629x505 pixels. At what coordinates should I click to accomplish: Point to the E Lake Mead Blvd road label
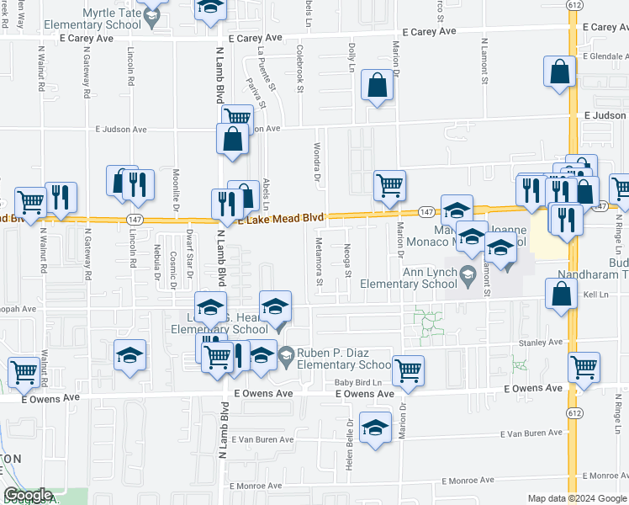tap(281, 219)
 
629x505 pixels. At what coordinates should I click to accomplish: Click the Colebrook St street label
tap(299, 68)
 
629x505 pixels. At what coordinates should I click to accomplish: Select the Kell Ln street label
tap(595, 295)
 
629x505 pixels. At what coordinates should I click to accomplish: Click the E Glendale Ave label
tap(602, 56)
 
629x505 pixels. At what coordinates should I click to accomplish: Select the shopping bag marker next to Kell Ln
tap(561, 295)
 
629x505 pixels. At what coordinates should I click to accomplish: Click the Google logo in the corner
tap(28, 496)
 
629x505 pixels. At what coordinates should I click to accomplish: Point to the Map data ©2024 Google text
tap(576, 498)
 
